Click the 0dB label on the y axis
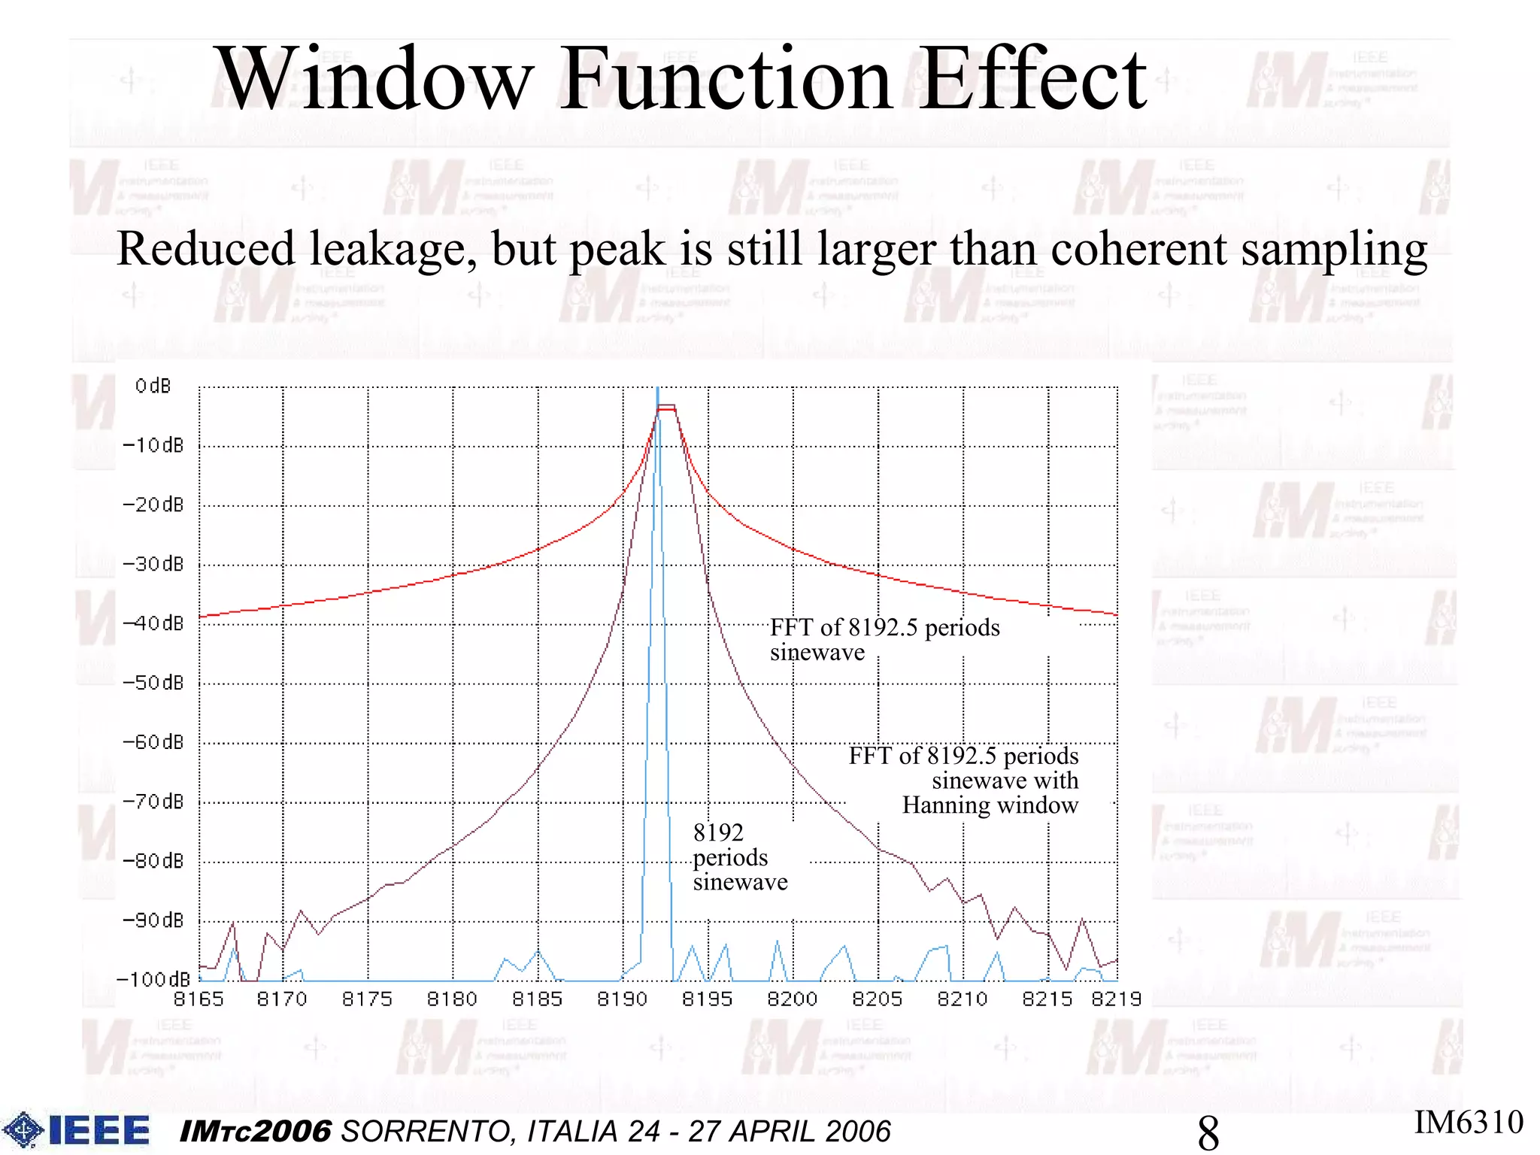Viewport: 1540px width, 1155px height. pyautogui.click(x=153, y=387)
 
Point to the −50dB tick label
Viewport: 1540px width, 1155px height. pyautogui.click(x=153, y=683)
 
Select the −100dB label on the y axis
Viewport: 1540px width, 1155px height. pyautogui.click(x=153, y=979)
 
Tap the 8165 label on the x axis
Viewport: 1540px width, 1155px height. pyautogui.click(x=199, y=999)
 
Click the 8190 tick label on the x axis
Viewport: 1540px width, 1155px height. pyautogui.click(x=623, y=999)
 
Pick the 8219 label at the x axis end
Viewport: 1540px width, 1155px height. pyautogui.click(x=1117, y=999)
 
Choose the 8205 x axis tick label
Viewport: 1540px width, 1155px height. pyautogui.click(x=878, y=999)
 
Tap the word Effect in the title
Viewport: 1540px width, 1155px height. pyautogui.click(x=1035, y=80)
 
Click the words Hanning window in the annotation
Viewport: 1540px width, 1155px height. pyautogui.click(x=990, y=805)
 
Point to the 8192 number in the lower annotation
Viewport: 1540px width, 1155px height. pyautogui.click(x=718, y=832)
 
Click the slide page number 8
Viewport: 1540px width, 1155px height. pyautogui.click(x=1208, y=1132)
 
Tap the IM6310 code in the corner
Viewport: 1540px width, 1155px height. pyautogui.click(x=1468, y=1122)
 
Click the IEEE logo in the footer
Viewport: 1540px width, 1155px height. pyautogui.click(x=77, y=1130)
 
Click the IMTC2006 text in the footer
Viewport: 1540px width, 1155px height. pyautogui.click(x=256, y=1132)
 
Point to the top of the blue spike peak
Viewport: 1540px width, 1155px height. pyautogui.click(x=658, y=390)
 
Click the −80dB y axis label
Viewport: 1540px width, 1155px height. pyautogui.click(x=153, y=861)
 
